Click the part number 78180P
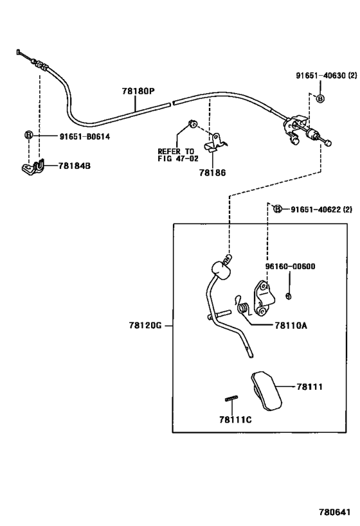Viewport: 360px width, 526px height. tap(138, 91)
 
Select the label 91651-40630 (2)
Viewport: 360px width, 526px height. tap(327, 76)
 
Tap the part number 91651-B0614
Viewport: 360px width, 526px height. tap(85, 137)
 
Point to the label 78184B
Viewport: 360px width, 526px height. tap(74, 166)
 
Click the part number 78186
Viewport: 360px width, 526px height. tap(212, 173)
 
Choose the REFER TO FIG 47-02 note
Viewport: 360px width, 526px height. tap(178, 155)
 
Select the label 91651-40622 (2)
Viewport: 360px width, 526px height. tap(321, 209)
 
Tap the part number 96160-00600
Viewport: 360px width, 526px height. tap(290, 267)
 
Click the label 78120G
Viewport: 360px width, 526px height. tap(145, 326)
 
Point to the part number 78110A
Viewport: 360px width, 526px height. tap(291, 326)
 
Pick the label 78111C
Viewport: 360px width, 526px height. tap(235, 419)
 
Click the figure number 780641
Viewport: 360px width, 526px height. tap(334, 513)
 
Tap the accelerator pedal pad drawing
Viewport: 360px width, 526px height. tap(266, 390)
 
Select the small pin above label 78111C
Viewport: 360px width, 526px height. tap(231, 398)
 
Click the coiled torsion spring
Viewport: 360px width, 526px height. tap(242, 307)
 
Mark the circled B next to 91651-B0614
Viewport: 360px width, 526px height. tap(28, 135)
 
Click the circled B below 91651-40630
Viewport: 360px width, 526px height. tap(320, 99)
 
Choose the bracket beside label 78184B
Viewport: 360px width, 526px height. tap(33, 167)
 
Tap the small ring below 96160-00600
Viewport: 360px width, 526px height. tap(288, 296)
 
